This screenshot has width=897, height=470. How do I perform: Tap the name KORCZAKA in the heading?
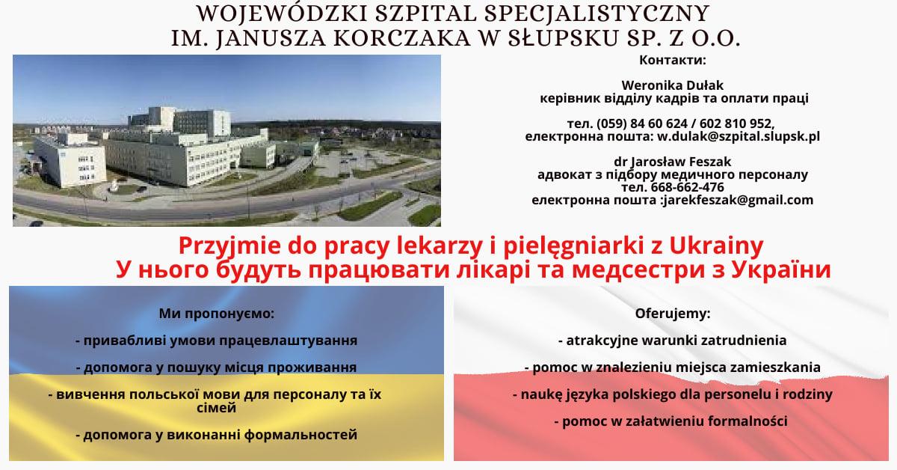401,38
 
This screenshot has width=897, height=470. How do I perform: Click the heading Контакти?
672,60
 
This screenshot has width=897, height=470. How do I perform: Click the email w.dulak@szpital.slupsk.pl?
739,136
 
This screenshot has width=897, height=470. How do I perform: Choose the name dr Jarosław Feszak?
672,162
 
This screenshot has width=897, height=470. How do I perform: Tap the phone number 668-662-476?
687,187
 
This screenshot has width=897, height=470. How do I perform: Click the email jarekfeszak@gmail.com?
738,200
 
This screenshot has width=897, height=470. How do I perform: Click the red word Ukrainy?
716,245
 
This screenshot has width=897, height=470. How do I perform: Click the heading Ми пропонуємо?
217,314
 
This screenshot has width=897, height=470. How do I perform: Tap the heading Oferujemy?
672,314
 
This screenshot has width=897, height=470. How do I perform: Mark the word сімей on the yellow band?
217,408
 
